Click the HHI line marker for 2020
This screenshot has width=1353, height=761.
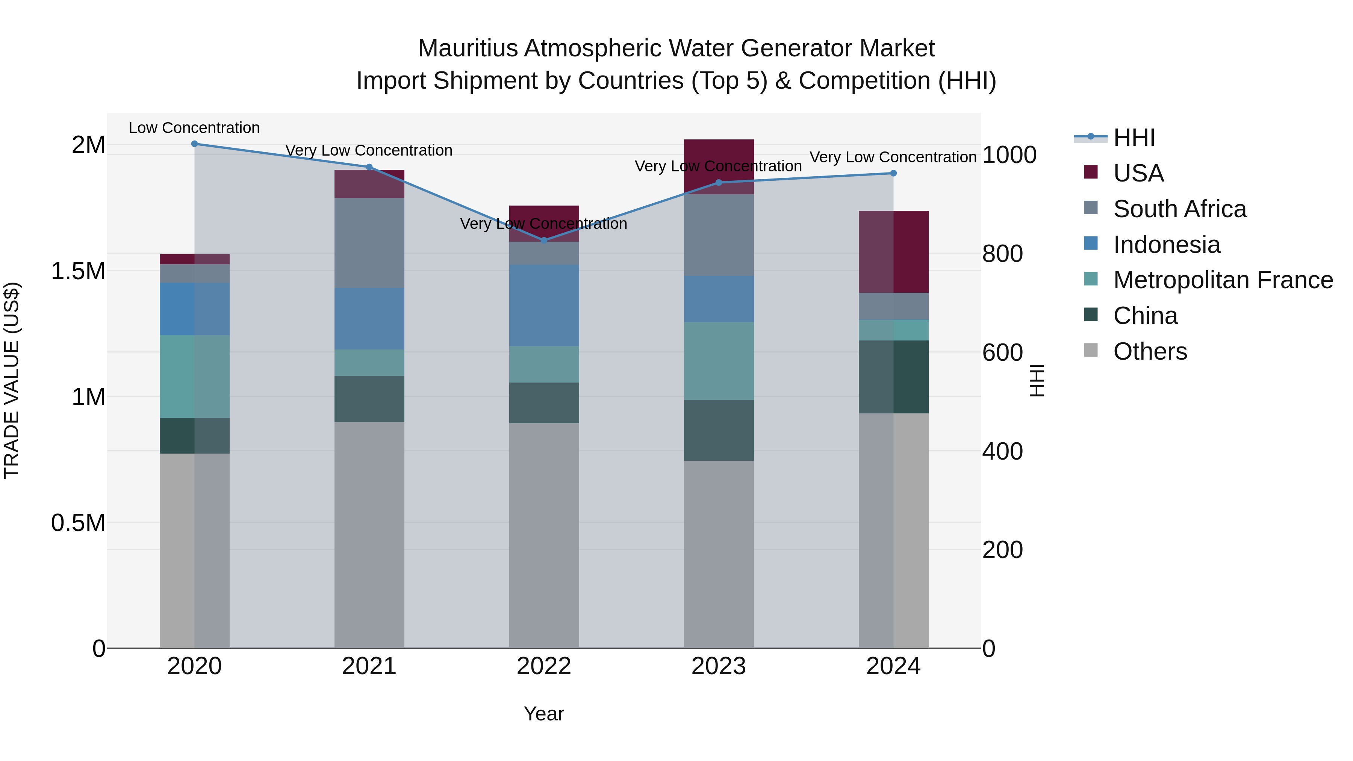point(194,144)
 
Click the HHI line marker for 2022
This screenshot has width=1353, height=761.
point(543,240)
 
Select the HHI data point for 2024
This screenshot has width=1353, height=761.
point(893,173)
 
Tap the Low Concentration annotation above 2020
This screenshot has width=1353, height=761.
point(194,128)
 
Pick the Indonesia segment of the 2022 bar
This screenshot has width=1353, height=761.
point(543,305)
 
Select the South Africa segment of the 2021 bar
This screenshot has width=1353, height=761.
point(369,243)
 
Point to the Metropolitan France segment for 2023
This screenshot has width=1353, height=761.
point(719,361)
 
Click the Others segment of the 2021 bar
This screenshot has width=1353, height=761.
point(369,535)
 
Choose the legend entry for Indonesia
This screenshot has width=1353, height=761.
point(1166,245)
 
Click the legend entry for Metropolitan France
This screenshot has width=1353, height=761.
point(1222,280)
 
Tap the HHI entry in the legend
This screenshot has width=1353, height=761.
point(1134,138)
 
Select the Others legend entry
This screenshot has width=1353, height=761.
point(1149,351)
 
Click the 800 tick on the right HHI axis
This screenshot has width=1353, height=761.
point(1002,254)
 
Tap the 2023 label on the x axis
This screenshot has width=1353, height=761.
point(719,666)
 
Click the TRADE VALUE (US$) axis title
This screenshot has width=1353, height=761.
point(12,380)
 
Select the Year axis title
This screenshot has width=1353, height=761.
point(543,714)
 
